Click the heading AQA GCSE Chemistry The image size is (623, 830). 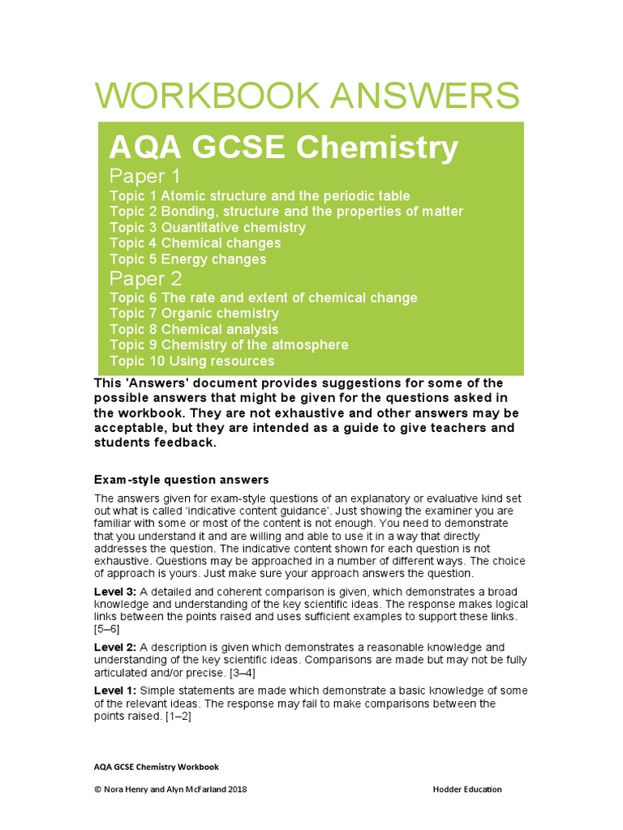point(284,148)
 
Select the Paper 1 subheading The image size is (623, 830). point(145,177)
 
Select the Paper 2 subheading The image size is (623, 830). point(145,279)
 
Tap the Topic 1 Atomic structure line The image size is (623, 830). point(260,196)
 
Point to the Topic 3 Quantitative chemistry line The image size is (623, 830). point(208,228)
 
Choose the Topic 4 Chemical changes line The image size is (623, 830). point(195,243)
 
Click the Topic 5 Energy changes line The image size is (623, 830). point(187,259)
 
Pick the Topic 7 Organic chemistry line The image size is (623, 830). point(194,314)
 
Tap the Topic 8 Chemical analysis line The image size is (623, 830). point(194,329)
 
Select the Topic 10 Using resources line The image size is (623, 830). point(191,361)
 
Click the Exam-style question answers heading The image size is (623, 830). point(181,480)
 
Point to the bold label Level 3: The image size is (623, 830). point(115,592)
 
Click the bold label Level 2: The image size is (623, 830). point(115,647)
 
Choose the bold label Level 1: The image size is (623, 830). point(115,691)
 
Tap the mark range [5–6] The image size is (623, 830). point(107,629)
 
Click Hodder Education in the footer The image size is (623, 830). point(467,789)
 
